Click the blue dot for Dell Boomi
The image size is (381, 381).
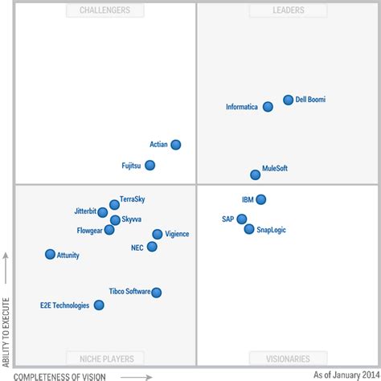pos(289,100)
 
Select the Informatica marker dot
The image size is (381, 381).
pos(267,106)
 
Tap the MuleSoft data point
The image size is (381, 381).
pos(255,174)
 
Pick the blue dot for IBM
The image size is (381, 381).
pos(260,199)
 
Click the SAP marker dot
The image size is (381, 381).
pos(241,219)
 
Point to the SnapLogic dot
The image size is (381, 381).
pos(249,229)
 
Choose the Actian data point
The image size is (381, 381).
pos(176,145)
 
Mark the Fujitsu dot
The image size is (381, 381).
pos(150,166)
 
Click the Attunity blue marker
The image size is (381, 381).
pos(50,254)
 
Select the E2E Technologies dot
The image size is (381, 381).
pos(99,305)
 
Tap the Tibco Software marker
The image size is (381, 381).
pos(157,293)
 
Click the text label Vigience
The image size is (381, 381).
pos(177,234)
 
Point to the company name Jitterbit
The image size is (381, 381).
pos(84,211)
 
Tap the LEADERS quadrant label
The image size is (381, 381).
pos(276,10)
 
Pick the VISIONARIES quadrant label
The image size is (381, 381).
pos(276,358)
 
